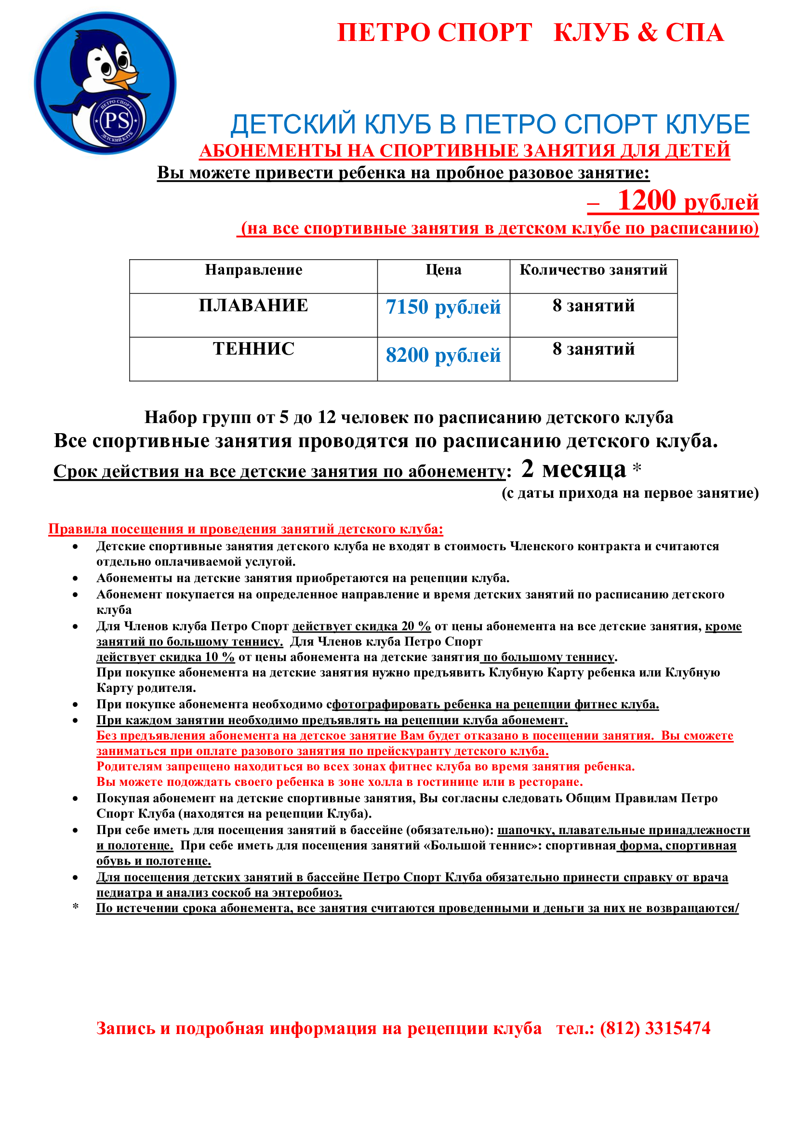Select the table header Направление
(253, 269)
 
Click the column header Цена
(443, 269)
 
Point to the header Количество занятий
(593, 269)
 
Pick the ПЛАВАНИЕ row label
(253, 305)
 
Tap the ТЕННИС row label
(253, 348)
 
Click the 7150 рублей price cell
(443, 307)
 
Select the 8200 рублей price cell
(443, 355)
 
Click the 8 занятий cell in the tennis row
(593, 348)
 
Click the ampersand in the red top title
(648, 32)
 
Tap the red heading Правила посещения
(245, 529)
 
